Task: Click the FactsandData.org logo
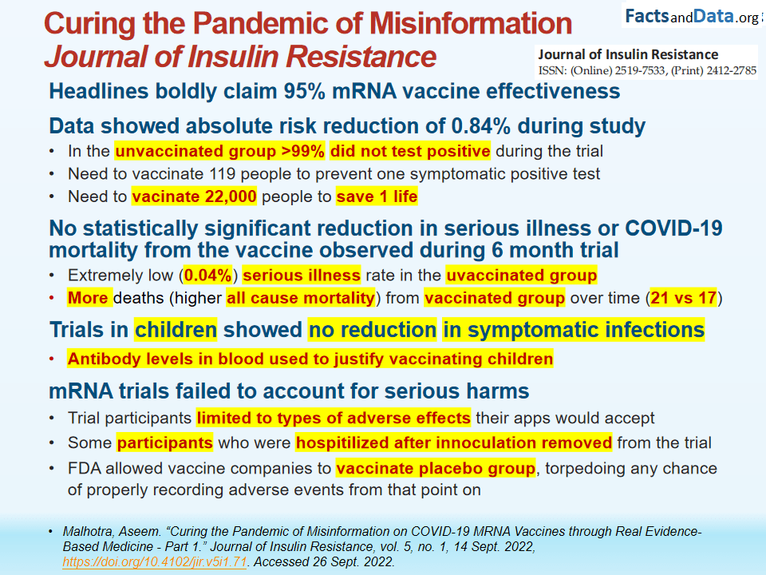[692, 15]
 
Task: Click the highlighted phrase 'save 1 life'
[377, 196]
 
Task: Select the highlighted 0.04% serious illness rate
[207, 276]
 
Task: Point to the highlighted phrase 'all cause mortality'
[300, 299]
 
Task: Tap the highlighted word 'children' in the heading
[175, 329]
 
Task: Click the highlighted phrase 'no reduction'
[373, 329]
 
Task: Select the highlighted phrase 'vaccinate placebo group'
[435, 468]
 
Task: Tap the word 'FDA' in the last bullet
[84, 468]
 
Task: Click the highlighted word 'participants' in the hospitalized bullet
[164, 442]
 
